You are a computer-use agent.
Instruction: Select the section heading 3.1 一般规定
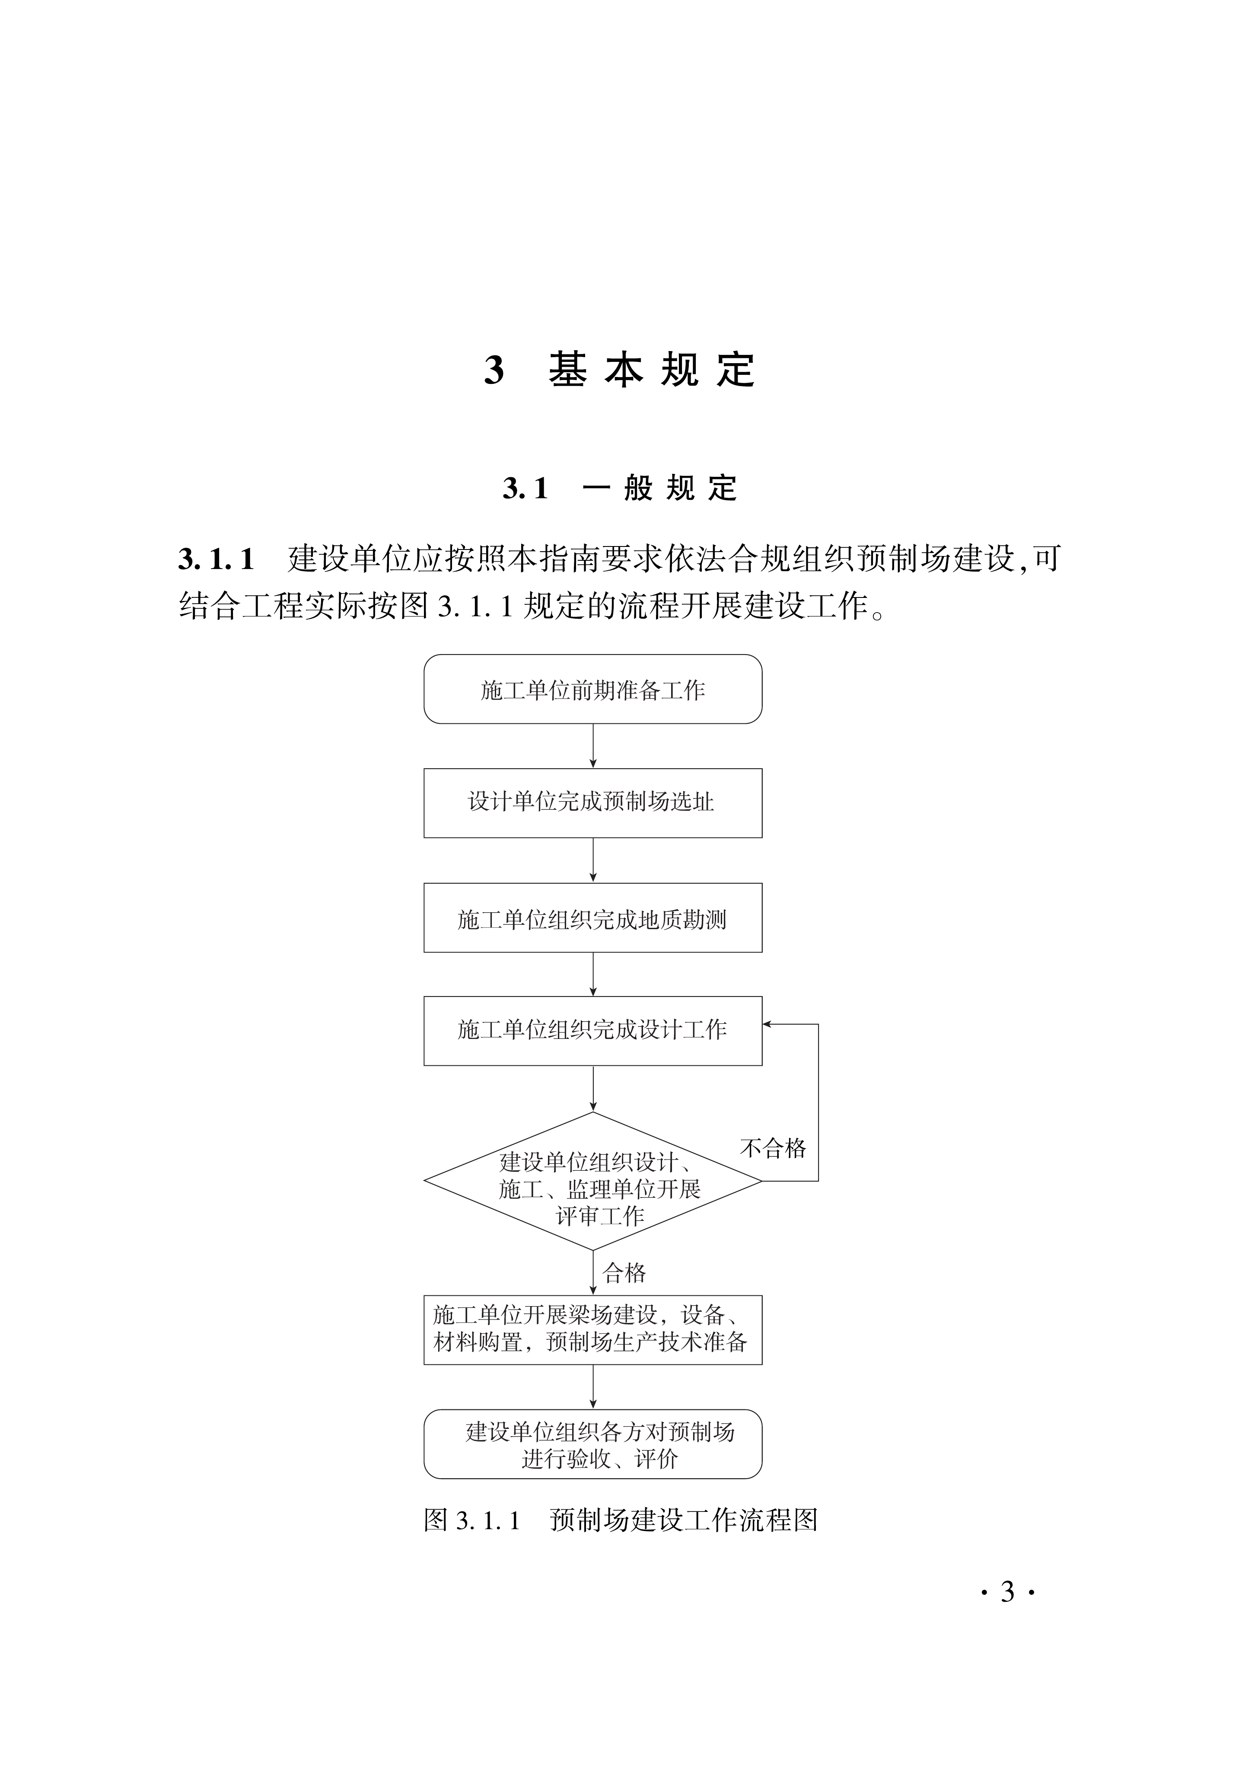point(620,488)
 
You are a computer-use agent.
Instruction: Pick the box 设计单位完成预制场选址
point(592,802)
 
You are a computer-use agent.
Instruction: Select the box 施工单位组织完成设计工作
point(592,1031)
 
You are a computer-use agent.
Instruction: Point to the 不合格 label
point(773,1148)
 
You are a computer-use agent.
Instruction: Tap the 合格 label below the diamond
point(624,1273)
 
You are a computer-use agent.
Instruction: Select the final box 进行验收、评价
point(592,1445)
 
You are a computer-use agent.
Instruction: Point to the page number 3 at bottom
point(1007,1592)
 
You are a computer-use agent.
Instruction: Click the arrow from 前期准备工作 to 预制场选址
point(592,745)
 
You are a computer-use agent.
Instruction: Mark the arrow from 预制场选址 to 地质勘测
point(592,859)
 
